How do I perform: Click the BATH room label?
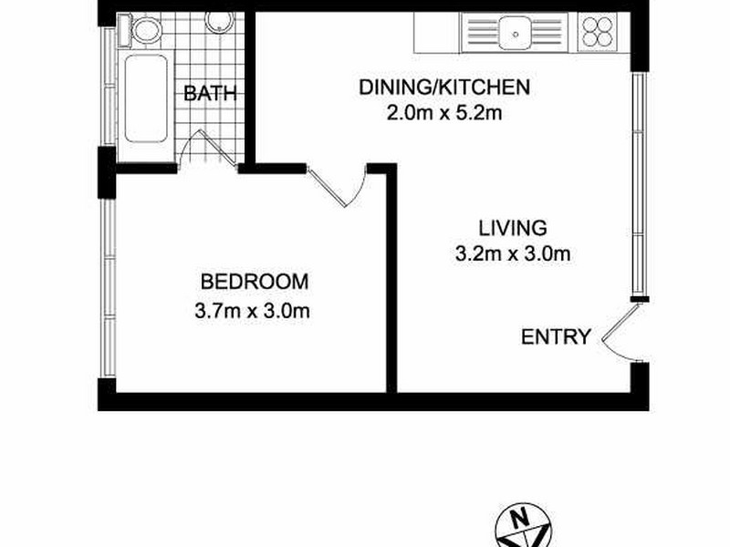211,92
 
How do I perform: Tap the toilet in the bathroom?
144,32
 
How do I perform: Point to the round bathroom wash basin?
217,21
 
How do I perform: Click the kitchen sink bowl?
516,34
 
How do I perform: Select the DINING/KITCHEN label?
444,88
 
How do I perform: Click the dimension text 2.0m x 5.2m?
444,114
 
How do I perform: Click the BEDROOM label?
255,281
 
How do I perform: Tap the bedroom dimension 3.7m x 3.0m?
254,310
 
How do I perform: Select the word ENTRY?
556,337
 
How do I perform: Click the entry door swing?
617,334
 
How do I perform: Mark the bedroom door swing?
342,187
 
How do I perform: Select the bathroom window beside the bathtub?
109,88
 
